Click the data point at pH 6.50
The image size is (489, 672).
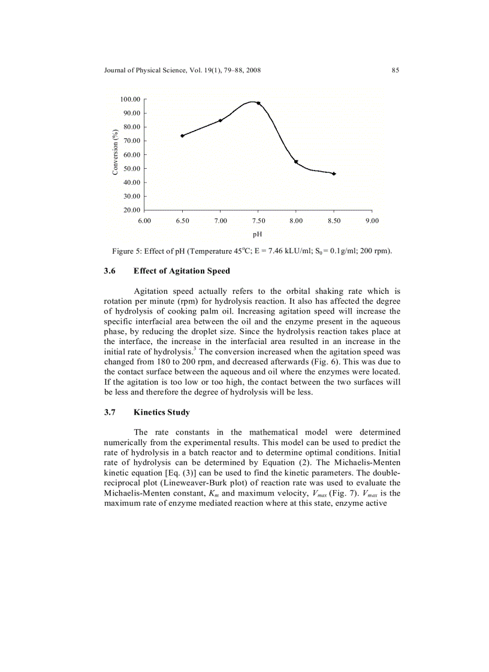click(x=182, y=136)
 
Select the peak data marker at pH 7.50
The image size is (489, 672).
click(x=258, y=103)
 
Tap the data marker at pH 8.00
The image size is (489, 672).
click(x=296, y=162)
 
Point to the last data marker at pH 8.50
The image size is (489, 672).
click(x=334, y=174)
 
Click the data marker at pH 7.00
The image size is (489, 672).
click(x=221, y=120)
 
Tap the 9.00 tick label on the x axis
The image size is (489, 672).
click(x=372, y=221)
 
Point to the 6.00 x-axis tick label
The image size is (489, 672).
click(x=144, y=221)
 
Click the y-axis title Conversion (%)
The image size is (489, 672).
click(x=115, y=154)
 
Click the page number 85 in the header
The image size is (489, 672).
click(x=396, y=71)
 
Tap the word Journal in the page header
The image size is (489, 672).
click(x=115, y=71)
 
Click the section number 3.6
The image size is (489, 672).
click(x=110, y=271)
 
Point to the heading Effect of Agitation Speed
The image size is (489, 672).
click(x=182, y=271)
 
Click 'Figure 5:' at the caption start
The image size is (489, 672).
click(x=125, y=251)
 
